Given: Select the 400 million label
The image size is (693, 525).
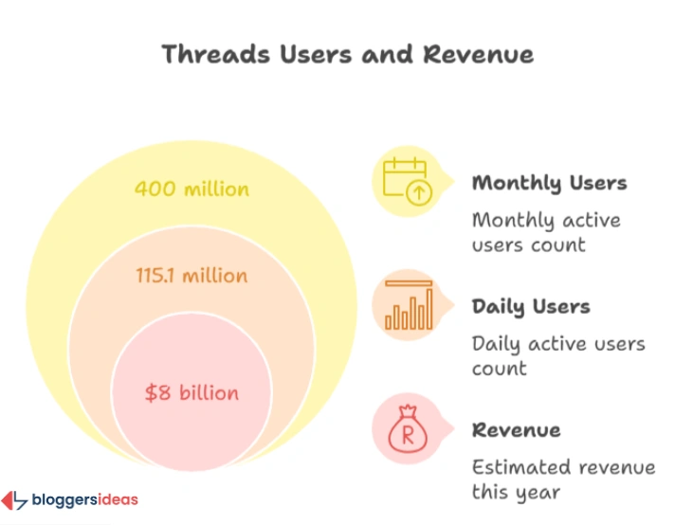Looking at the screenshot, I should point(191,189).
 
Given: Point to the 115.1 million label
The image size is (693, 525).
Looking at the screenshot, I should point(191,276).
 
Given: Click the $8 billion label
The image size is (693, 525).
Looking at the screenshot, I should point(191,392).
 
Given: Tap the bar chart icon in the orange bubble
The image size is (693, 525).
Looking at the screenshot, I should point(409,304).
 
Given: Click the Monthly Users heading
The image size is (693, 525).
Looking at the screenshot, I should point(549,183).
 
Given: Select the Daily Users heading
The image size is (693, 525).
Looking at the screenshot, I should point(531,307).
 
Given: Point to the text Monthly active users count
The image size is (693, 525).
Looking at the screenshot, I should point(546,232).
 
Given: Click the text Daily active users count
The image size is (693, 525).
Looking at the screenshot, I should point(558,355).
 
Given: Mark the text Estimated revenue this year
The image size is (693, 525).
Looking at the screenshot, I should point(563,480).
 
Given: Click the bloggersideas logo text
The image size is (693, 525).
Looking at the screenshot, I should point(84,499).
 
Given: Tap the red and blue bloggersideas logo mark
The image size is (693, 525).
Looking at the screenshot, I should point(14,500).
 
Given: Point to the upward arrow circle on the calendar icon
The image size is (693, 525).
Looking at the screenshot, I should point(418,191).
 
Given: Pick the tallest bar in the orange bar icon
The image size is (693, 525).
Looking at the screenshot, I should point(429,309).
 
